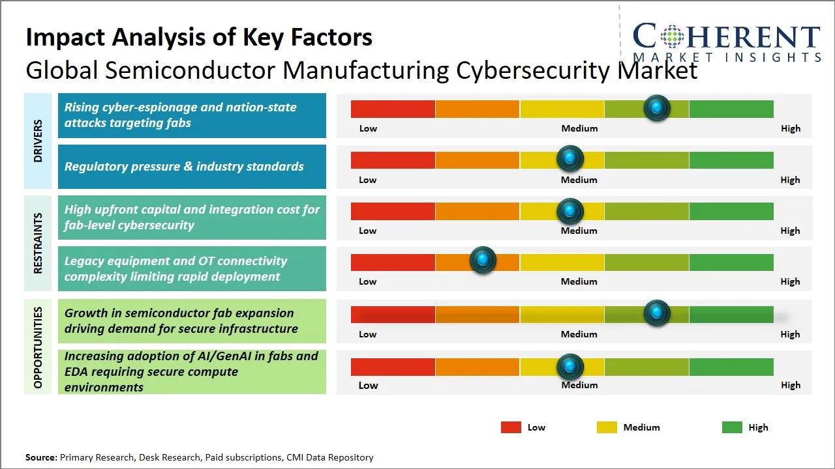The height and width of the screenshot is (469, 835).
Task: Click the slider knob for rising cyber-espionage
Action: pyautogui.click(x=657, y=107)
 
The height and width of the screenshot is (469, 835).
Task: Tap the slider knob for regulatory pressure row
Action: pyautogui.click(x=570, y=158)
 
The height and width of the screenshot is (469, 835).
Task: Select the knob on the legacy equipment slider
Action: pyautogui.click(x=483, y=261)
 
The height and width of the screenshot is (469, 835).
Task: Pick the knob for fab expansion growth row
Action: pyautogui.click(x=657, y=313)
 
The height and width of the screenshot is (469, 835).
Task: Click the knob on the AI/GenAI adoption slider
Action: pyautogui.click(x=570, y=367)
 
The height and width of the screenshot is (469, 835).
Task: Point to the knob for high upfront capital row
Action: pyautogui.click(x=570, y=210)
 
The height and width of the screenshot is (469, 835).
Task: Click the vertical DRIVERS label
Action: pyautogui.click(x=38, y=141)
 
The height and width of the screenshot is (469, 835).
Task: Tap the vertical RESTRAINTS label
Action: pyautogui.click(x=38, y=243)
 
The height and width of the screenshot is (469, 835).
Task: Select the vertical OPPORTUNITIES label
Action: pyautogui.click(x=38, y=347)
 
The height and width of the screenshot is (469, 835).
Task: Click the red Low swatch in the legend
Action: pyautogui.click(x=511, y=427)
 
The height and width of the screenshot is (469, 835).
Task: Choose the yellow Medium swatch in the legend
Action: pyautogui.click(x=607, y=427)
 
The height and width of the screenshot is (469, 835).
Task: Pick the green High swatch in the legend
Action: pyautogui.click(x=732, y=427)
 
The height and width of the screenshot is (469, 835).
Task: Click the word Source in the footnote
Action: pyautogui.click(x=41, y=457)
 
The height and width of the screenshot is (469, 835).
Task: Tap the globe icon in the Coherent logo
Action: pyautogui.click(x=672, y=36)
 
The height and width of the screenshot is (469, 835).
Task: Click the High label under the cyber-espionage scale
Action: pyautogui.click(x=791, y=128)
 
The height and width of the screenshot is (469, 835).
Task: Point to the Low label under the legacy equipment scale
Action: pyautogui.click(x=368, y=281)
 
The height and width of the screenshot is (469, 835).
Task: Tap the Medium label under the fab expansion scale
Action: pyautogui.click(x=579, y=334)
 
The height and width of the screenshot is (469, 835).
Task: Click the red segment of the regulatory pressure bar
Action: pyautogui.click(x=393, y=160)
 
